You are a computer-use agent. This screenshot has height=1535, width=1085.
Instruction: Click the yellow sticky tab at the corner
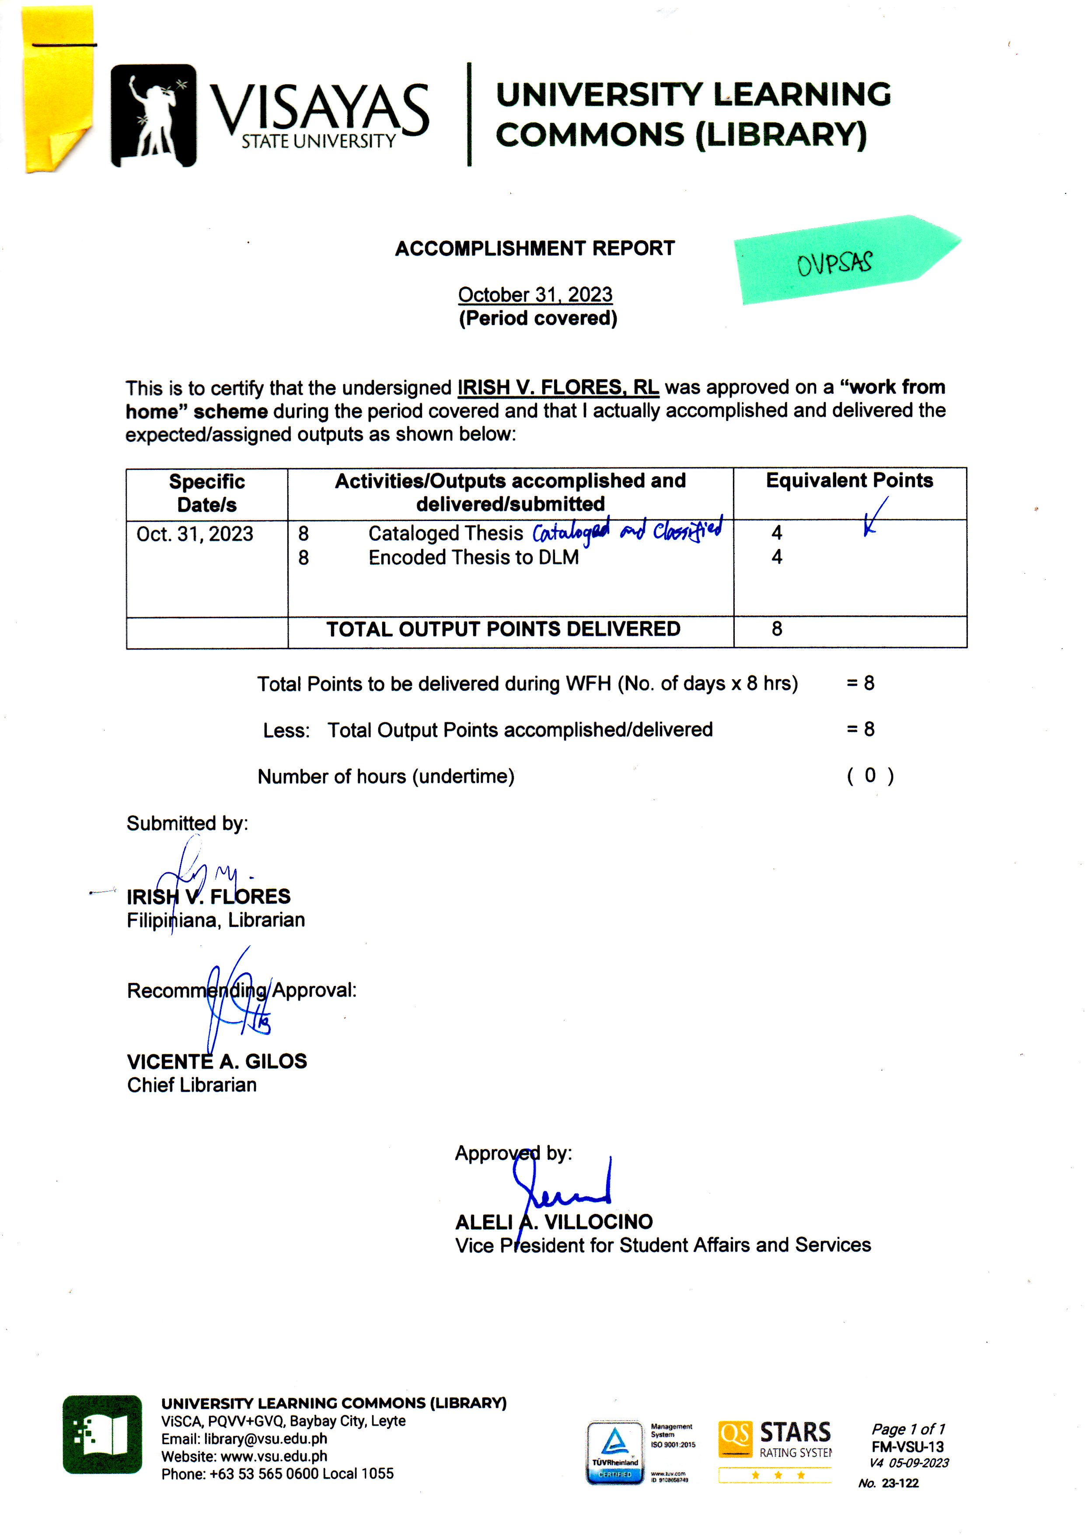click(57, 90)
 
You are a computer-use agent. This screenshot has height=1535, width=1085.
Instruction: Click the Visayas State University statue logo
click(154, 115)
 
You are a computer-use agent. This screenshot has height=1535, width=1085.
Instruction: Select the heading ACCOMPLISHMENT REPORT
click(535, 249)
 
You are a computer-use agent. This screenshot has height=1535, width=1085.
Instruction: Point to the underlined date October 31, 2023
click(535, 295)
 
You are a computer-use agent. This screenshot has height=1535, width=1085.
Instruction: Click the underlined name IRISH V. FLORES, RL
click(558, 388)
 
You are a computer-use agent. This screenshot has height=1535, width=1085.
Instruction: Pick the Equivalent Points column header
click(849, 481)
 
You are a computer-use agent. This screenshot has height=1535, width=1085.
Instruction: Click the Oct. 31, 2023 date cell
click(195, 534)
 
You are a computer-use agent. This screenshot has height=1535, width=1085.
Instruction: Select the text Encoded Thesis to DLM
click(473, 558)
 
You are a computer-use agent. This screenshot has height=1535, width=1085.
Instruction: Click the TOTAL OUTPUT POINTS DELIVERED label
click(503, 629)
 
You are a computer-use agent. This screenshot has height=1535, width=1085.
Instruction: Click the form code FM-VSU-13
click(907, 1447)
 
